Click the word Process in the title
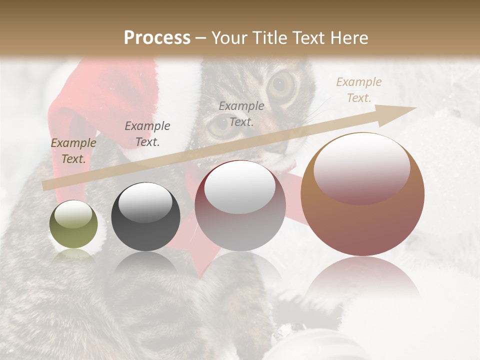(x=157, y=38)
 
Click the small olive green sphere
(x=73, y=224)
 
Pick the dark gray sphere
(x=145, y=216)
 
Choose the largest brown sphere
(x=362, y=194)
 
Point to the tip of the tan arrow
(x=414, y=108)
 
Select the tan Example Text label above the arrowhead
(x=358, y=90)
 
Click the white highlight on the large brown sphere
(x=361, y=168)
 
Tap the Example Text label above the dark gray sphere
(x=147, y=134)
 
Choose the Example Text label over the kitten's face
(x=241, y=114)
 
